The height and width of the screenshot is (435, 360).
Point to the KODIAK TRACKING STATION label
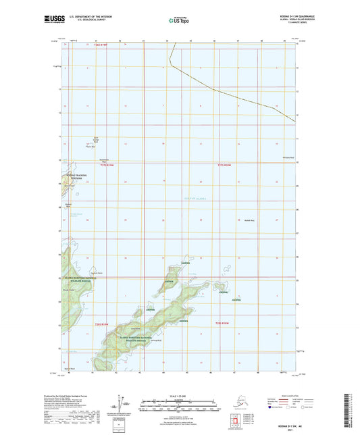pyautogui.click(x=76, y=177)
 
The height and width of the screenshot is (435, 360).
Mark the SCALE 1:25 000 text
pyautogui.click(x=180, y=396)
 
